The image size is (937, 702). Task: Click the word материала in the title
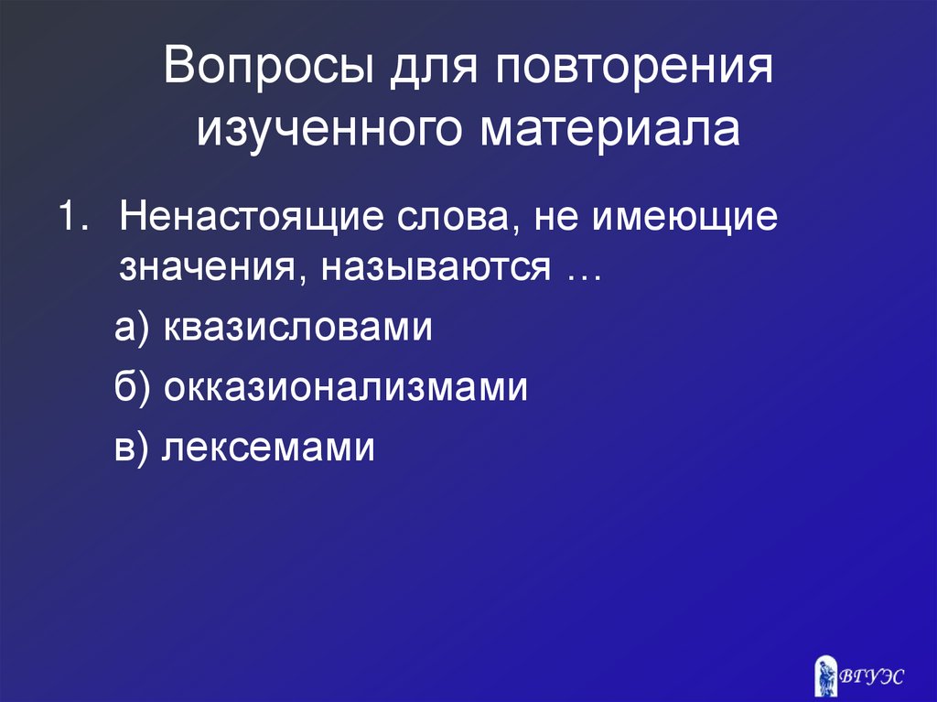tap(610, 129)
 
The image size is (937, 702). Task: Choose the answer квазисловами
tap(298, 329)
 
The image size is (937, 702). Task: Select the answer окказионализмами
tap(347, 388)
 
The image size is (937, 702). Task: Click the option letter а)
tap(135, 329)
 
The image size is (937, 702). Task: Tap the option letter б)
tap(135, 388)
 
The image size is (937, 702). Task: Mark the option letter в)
tap(134, 448)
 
